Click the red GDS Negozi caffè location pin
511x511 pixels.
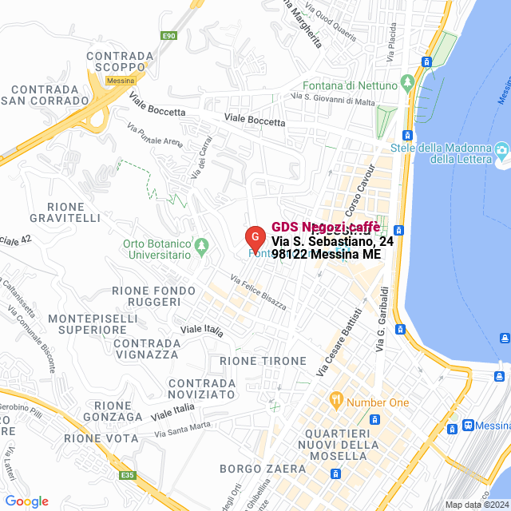(254, 238)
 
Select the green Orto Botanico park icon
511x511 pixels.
(202, 244)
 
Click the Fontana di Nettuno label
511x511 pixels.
(349, 85)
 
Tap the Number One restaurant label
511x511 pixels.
(378, 402)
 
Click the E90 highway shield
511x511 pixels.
(168, 36)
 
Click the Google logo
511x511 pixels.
(26, 501)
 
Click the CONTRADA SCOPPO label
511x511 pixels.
(120, 61)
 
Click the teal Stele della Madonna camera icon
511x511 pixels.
(501, 150)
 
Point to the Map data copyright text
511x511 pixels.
(477, 505)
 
